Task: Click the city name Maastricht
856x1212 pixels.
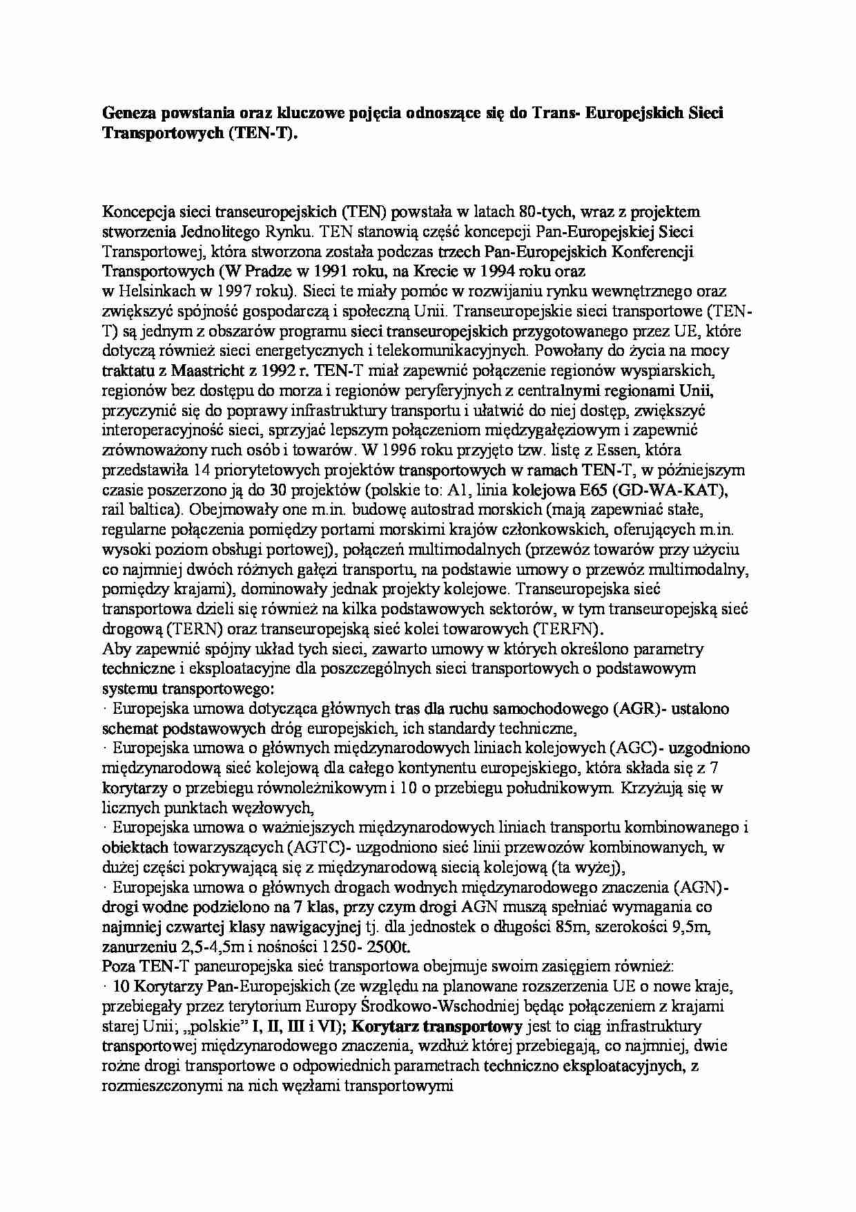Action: tap(204, 370)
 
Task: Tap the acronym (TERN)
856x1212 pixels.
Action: tap(191, 629)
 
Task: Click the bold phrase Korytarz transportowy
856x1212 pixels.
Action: tap(442, 1027)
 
